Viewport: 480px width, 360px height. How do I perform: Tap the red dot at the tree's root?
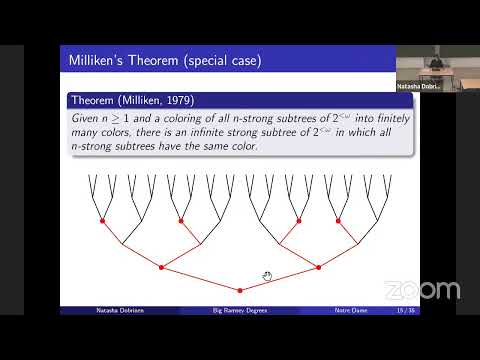point(239,290)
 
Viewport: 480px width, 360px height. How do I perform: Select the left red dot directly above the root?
point(160,267)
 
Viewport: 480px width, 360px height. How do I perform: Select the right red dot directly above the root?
point(318,267)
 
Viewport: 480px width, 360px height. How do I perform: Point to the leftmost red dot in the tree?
point(102,220)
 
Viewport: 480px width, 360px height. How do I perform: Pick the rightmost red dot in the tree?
point(376,220)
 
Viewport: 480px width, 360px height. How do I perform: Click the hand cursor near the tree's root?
point(267,276)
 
